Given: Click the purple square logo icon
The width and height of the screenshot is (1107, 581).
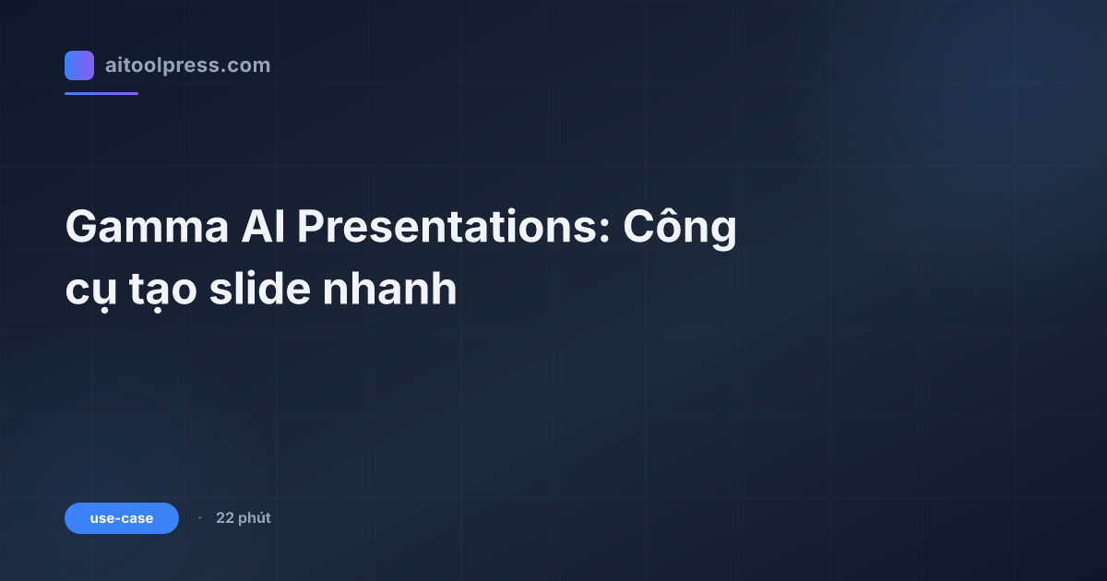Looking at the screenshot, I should [x=79, y=65].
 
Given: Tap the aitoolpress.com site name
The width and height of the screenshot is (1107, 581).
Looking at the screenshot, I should [x=187, y=65].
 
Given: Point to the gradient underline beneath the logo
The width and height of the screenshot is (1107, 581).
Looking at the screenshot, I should [x=101, y=93].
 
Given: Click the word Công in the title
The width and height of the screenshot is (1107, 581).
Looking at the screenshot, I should [x=680, y=229].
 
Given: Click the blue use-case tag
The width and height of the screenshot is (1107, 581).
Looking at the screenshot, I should [x=122, y=518].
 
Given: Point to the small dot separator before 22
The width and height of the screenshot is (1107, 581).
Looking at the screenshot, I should [x=199, y=518].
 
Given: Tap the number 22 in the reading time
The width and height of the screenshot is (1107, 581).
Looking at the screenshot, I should [x=224, y=518].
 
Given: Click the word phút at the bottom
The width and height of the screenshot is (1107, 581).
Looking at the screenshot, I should [x=254, y=519].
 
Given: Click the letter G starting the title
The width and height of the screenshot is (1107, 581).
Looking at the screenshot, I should [x=82, y=227].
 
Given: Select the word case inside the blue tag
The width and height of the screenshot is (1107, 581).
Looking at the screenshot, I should [x=137, y=518].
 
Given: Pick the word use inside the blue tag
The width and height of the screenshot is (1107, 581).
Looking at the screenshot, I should [x=101, y=518].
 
